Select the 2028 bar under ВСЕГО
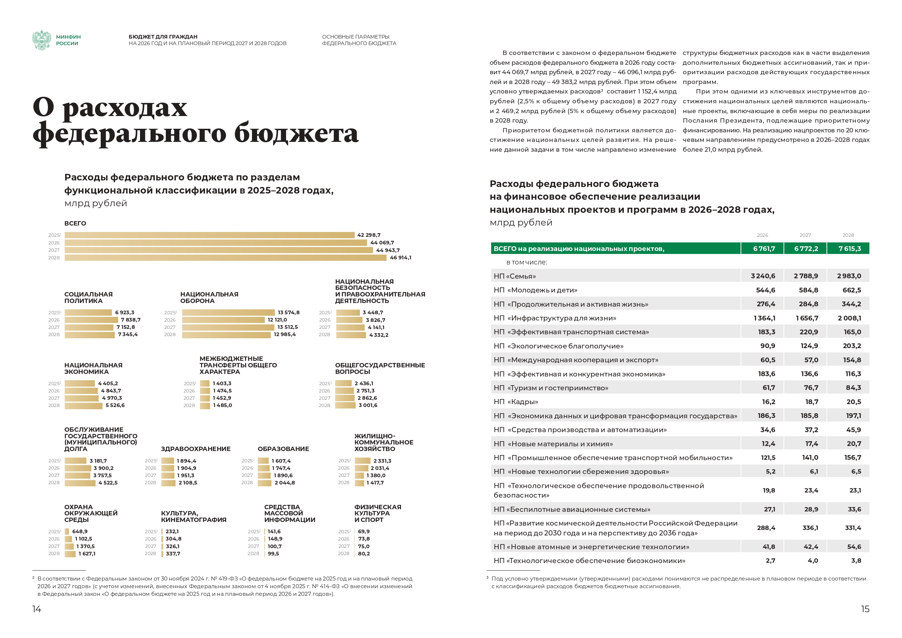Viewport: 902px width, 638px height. [x=225, y=258]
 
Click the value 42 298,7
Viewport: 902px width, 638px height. [x=369, y=235]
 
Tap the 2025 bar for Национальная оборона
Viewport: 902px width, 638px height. [x=228, y=312]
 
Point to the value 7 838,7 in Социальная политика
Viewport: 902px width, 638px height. [x=131, y=320]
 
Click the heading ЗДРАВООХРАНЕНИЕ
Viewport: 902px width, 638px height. [x=196, y=449]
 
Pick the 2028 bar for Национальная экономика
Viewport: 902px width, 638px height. [x=83, y=406]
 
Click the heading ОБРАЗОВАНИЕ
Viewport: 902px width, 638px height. [x=283, y=449]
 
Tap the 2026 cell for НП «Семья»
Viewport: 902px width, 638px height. [x=762, y=276]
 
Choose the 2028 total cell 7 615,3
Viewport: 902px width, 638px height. [x=849, y=249]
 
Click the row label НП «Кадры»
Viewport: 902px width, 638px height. [x=516, y=402]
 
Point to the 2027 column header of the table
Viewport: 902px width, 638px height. [x=805, y=235]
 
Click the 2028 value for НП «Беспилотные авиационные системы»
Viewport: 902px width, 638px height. [x=854, y=510]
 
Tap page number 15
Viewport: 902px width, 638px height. [x=865, y=609]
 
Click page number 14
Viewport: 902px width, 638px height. [x=36, y=609]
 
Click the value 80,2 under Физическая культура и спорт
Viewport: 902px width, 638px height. [x=364, y=554]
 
